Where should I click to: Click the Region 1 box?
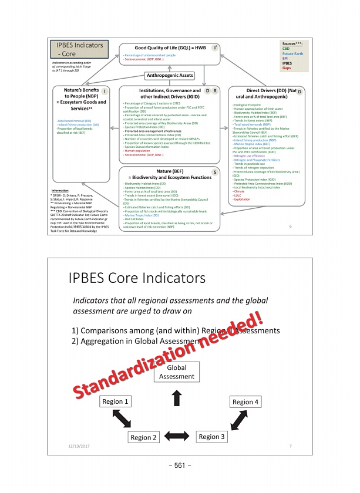pyautogui.click(x=115, y=401)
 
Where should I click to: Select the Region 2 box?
pyautogui.click(x=144, y=437)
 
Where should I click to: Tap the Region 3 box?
pyautogui.click(x=211, y=437)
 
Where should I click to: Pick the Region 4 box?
pyautogui.click(x=246, y=401)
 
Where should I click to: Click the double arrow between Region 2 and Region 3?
pyautogui.click(x=177, y=437)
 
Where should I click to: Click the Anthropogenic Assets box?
pyautogui.click(x=169, y=75)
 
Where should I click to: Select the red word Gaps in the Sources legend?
pyautogui.click(x=287, y=69)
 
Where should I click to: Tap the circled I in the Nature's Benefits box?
pyautogui.click(x=104, y=90)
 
